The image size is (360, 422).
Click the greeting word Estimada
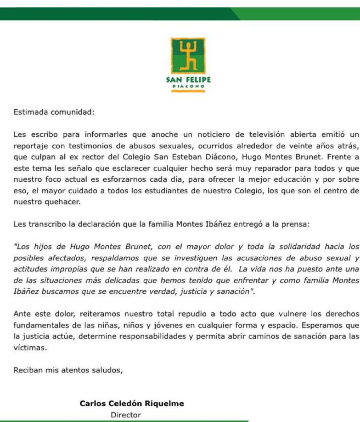coord(30,111)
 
